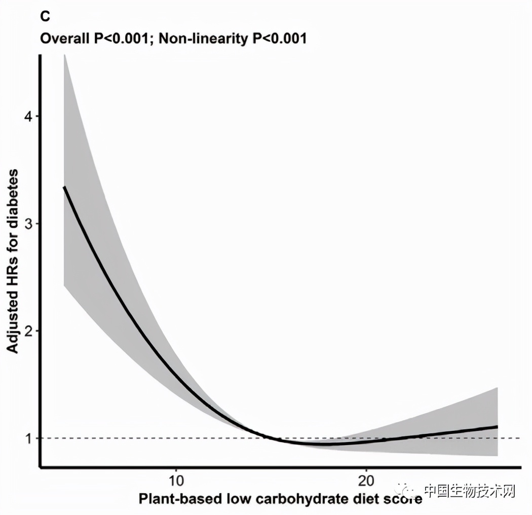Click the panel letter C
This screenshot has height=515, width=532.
pos(45,17)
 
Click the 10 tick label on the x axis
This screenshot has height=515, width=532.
pos(175,480)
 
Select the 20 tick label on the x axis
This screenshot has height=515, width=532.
pos(366,480)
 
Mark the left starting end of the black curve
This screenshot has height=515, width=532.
pos(64,187)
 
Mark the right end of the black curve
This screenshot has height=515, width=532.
pos(498,427)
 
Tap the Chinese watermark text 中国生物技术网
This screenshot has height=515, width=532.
pos(469,491)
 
